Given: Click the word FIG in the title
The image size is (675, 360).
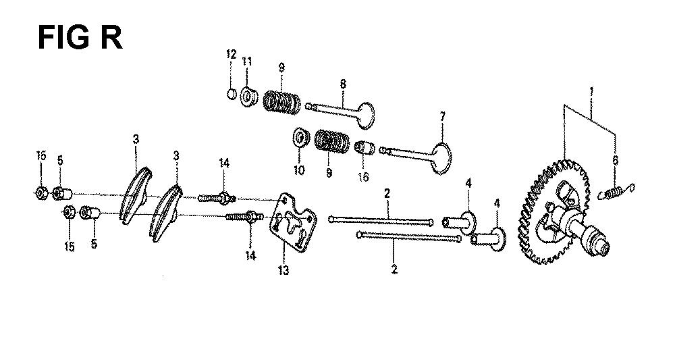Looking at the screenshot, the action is click(64, 38).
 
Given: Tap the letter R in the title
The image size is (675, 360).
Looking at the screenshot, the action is click(111, 38).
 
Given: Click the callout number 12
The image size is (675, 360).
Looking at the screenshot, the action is click(231, 55).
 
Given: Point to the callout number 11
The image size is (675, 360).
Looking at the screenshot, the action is click(246, 62).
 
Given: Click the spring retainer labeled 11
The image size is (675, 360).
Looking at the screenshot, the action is click(248, 97).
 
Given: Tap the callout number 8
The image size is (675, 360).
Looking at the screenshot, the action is click(343, 84).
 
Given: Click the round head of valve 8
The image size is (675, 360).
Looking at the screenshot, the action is click(365, 115).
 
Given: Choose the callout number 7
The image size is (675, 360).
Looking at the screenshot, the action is click(442, 117).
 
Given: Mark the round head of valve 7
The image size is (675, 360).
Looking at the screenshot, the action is click(441, 158).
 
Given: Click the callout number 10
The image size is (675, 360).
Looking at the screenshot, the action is click(299, 170).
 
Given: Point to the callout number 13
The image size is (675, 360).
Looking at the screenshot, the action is click(283, 270).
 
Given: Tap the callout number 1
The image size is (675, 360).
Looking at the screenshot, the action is click(591, 92).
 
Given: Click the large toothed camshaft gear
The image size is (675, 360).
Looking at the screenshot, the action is click(554, 211).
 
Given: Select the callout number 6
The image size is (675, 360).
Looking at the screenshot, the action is click(615, 160).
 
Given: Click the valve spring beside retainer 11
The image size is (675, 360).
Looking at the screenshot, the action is click(282, 102).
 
